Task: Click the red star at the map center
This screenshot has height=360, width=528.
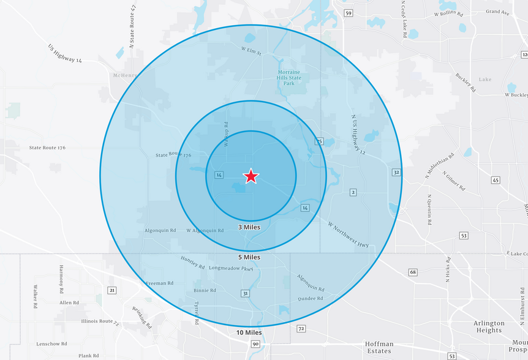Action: tap(251, 176)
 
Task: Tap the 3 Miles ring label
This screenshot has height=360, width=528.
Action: tap(249, 227)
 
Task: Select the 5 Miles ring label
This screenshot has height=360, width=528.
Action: tap(249, 257)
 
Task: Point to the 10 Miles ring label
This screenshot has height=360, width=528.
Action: tap(249, 332)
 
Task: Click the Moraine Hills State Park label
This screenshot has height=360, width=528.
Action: tap(289, 78)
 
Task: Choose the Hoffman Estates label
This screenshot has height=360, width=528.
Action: tap(379, 348)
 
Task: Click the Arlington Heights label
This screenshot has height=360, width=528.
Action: tap(488, 326)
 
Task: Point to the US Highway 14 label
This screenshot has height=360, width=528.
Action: tap(66, 53)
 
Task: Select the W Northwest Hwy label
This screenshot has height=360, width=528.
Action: tap(348, 234)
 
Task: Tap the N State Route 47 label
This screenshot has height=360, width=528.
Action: tap(132, 28)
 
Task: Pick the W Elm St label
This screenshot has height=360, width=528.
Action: tap(251, 51)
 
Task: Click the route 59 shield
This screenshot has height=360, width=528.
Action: tap(349, 13)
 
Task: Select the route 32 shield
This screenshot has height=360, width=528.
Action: tap(397, 173)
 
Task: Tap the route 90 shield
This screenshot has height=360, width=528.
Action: tap(255, 345)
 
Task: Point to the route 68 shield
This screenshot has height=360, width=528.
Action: tap(413, 272)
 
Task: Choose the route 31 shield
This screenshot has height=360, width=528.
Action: tap(246, 294)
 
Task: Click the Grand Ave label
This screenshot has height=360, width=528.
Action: tap(497, 12)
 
